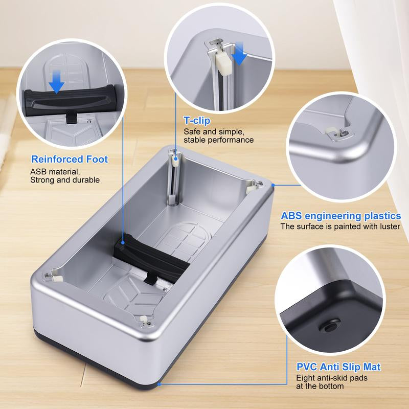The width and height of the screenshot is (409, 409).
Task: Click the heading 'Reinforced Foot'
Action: point(70,159)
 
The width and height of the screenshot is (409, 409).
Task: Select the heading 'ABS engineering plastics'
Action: point(340,216)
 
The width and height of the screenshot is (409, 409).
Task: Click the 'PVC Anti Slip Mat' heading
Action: point(338,367)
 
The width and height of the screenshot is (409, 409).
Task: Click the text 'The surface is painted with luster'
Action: point(340,226)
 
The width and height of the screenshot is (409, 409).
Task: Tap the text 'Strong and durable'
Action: point(65,180)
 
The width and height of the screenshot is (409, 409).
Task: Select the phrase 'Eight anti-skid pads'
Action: point(332,378)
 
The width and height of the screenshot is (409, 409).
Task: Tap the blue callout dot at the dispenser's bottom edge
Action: point(160,382)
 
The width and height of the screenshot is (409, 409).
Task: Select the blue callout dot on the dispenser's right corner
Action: point(273,185)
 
